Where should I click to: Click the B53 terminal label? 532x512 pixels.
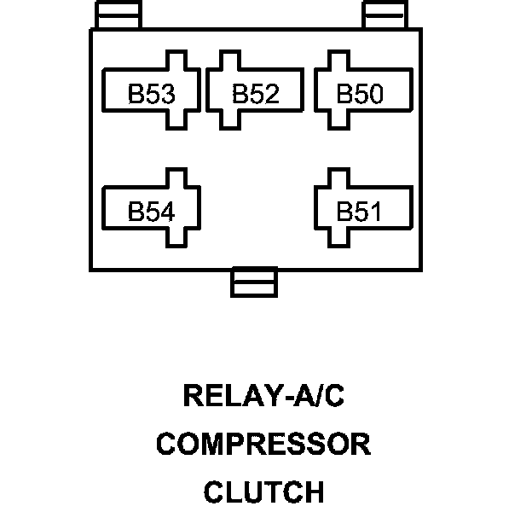pos(151,93)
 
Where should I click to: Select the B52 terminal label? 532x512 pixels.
pos(255,93)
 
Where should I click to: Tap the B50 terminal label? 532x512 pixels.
pos(360,93)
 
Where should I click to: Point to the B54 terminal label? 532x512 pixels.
pos(151,211)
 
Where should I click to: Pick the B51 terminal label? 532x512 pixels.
pos(360,211)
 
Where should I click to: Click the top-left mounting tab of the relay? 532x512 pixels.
pos(118,15)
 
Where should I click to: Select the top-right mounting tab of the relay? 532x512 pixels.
pos(385,15)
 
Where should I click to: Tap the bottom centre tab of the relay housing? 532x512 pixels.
pos(254,282)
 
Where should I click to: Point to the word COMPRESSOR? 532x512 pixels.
pos(263,445)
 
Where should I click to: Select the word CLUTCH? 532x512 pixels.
pos(263,492)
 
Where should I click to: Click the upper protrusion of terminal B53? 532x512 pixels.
pos(176,61)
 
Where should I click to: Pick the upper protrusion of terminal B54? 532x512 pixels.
pos(176,177)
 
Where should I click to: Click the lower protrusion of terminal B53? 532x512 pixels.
pos(176,120)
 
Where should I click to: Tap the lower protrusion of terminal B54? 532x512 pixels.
pos(176,238)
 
